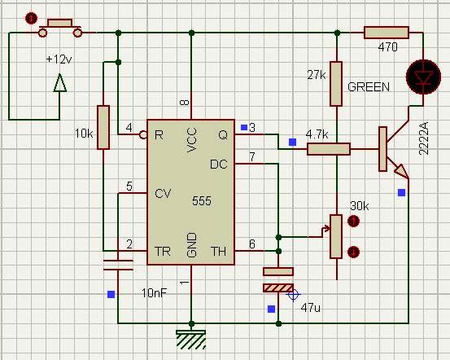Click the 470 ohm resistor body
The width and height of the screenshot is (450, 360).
pos(387,33)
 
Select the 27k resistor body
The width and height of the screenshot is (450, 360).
pos(336,84)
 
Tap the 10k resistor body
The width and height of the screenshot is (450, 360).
pos(103,127)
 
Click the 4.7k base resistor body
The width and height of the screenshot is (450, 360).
pos(329,149)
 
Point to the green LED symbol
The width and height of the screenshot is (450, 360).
pos(423,77)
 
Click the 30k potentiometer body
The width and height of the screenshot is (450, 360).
pos(336,236)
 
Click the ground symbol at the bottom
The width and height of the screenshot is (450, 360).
pos(191,340)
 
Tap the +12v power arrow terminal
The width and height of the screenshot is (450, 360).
pos(60,83)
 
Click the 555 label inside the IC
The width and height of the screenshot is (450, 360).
pos(202,201)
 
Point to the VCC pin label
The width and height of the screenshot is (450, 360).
pos(191,140)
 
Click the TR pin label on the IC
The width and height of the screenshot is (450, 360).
pos(163,252)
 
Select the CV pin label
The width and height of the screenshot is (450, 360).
pos(163,193)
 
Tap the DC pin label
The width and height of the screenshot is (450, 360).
pos(219,165)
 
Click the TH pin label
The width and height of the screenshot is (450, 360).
pos(219,252)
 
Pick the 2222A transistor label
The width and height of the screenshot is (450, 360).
pos(424,138)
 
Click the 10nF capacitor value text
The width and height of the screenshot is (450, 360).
pos(154,293)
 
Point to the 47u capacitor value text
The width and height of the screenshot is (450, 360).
pos(311,308)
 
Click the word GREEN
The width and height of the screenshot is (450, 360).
pos(369,87)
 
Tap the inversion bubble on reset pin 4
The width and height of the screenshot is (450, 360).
pos(143,134)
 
